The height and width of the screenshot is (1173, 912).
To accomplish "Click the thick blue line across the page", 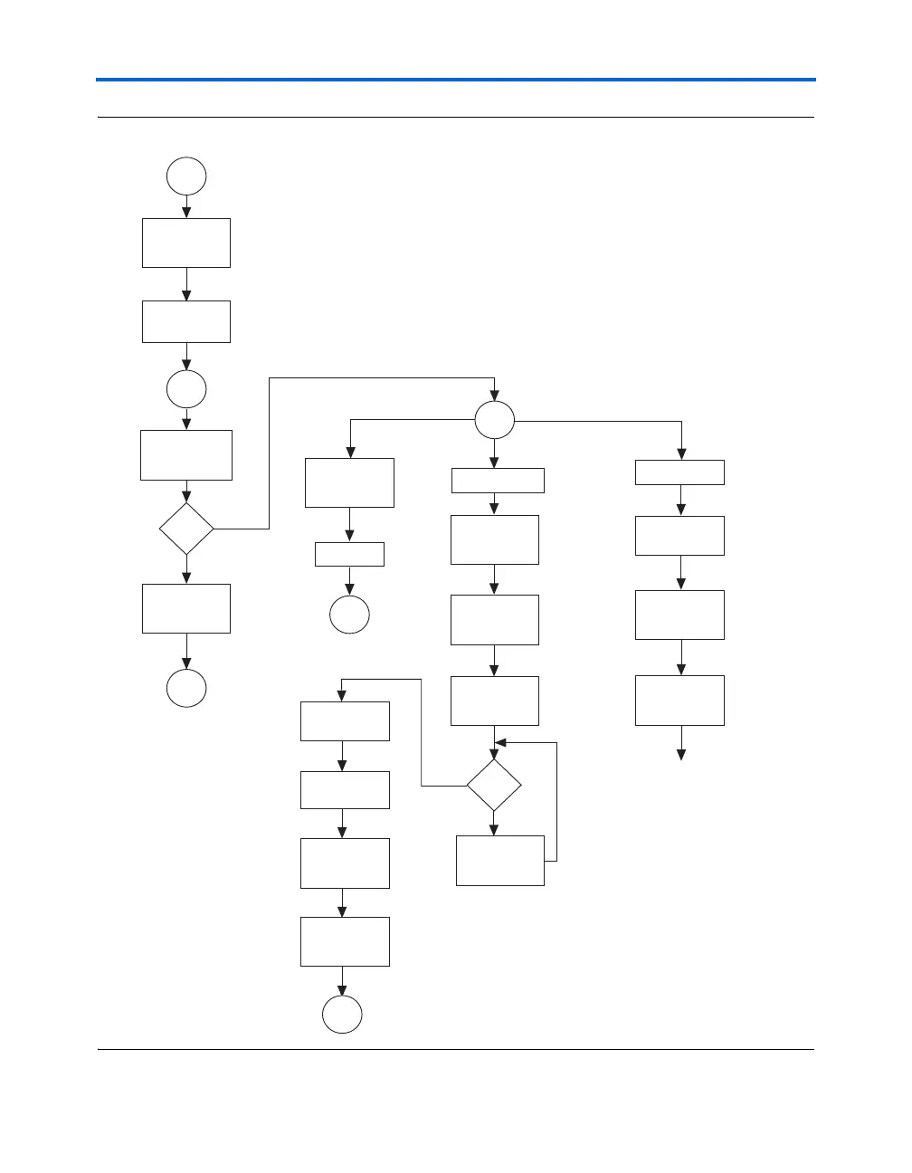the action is (x=456, y=80).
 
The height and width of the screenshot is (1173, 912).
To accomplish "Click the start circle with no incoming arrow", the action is (x=186, y=176).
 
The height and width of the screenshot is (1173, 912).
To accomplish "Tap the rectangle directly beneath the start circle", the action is (x=186, y=243).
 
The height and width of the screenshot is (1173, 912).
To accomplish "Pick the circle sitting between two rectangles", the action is (x=186, y=389).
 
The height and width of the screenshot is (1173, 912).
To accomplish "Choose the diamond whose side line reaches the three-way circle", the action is (x=186, y=529).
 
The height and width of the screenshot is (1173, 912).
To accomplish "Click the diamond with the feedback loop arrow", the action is (x=494, y=786).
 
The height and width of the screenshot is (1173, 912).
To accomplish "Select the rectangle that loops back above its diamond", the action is (x=500, y=860).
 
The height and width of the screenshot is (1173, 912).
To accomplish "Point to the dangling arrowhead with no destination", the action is (x=681, y=756).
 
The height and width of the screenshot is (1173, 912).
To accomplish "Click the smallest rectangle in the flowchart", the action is (x=349, y=554).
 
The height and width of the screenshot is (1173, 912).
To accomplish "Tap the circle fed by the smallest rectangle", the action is (x=349, y=614).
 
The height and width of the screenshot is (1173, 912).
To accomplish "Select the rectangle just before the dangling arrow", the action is (x=680, y=700).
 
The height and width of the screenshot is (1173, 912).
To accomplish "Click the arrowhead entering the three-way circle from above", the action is (x=494, y=396).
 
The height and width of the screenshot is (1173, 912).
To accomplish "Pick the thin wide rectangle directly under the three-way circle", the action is (x=498, y=481).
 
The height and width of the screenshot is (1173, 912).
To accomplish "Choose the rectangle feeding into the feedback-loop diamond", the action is (x=494, y=701).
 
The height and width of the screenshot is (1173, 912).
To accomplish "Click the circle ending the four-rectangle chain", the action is (x=342, y=1015).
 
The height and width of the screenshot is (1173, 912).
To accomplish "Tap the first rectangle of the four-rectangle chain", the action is (x=345, y=721).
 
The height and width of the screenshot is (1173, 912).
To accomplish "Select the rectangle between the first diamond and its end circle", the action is (x=186, y=608).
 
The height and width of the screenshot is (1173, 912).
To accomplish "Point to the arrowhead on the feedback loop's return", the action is (x=499, y=742).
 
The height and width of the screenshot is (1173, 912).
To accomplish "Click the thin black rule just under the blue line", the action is (x=456, y=118).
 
